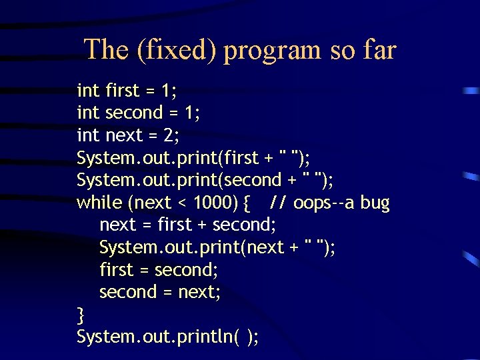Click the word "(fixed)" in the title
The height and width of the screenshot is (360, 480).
[x=177, y=50]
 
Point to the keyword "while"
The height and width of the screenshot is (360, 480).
[x=99, y=203]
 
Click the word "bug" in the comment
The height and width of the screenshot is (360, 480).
[x=375, y=203]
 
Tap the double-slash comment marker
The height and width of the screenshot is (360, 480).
[x=279, y=203]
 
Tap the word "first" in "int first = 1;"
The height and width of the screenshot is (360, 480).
[x=123, y=90]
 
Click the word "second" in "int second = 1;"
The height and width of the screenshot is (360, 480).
[x=134, y=113]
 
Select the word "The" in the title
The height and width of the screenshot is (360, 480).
[x=105, y=50]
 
